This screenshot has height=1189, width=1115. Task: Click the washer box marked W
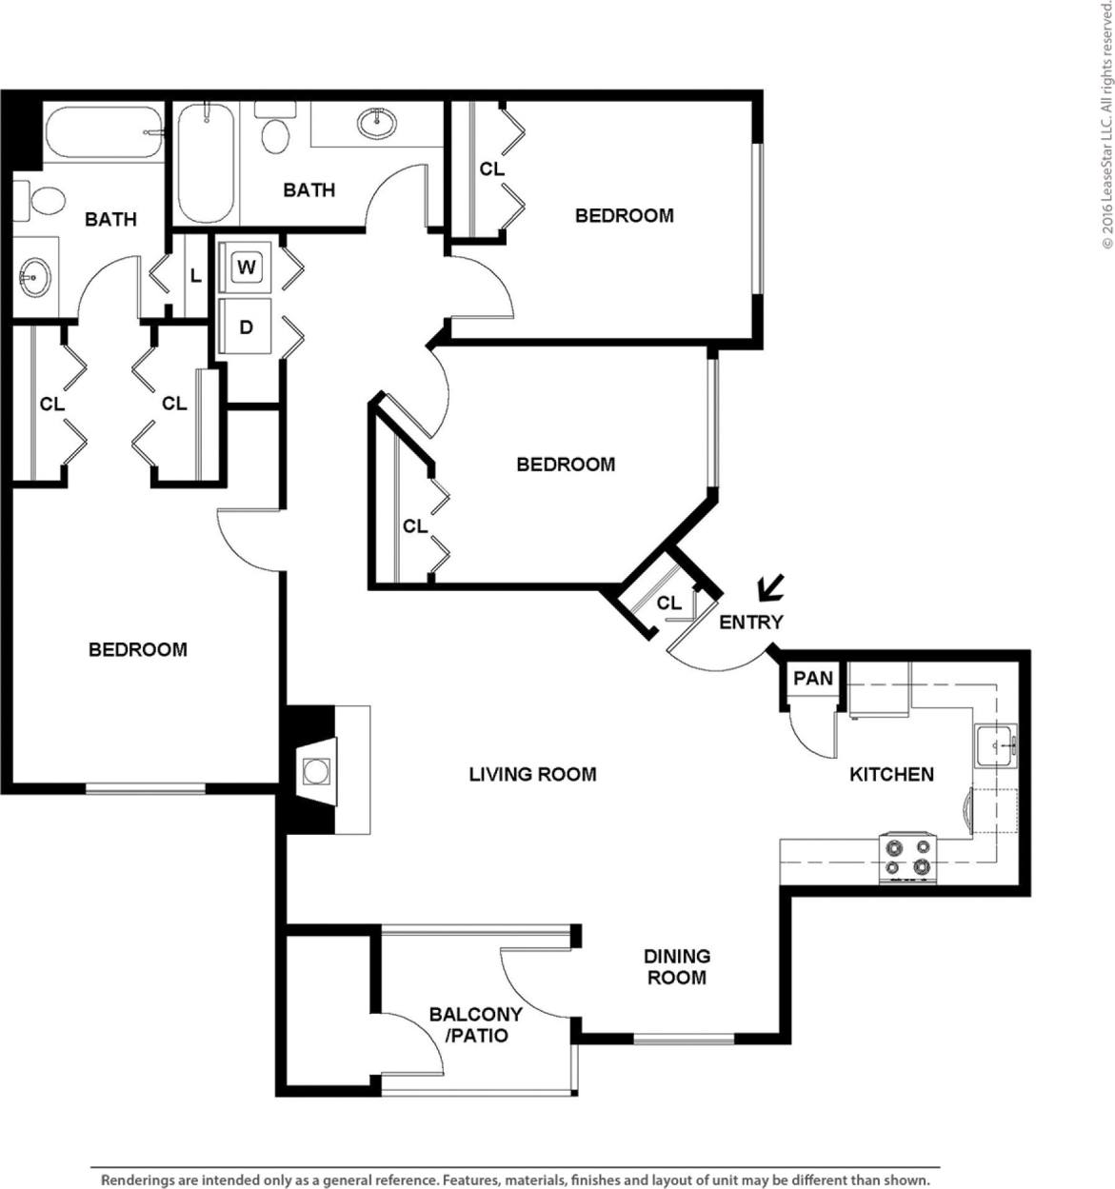pyautogui.click(x=246, y=267)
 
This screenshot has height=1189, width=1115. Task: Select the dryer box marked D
pyautogui.click(x=246, y=327)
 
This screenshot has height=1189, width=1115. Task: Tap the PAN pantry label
pyautogui.click(x=812, y=679)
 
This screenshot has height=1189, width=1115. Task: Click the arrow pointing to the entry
pyautogui.click(x=770, y=588)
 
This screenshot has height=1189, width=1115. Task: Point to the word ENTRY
pyautogui.click(x=750, y=622)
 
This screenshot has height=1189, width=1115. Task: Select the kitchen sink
pyautogui.click(x=995, y=744)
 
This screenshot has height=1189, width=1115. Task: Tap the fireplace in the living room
pyautogui.click(x=316, y=770)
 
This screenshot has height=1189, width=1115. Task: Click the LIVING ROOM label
pyautogui.click(x=532, y=774)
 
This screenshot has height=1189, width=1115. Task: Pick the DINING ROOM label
pyautogui.click(x=676, y=966)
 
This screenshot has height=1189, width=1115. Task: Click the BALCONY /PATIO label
pyautogui.click(x=475, y=1025)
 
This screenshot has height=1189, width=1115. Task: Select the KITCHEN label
pyautogui.click(x=891, y=774)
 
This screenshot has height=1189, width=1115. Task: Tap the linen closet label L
pyautogui.click(x=195, y=276)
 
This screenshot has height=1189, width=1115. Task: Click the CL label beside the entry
pyautogui.click(x=668, y=603)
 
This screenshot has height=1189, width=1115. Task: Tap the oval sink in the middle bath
pyautogui.click(x=378, y=122)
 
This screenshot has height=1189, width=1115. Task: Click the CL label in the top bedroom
pyautogui.click(x=491, y=168)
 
